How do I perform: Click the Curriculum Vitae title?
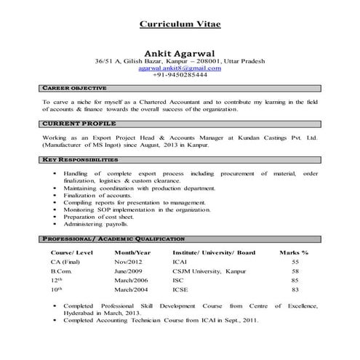pyautogui.click(x=180, y=24)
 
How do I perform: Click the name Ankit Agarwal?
pyautogui.click(x=180, y=53)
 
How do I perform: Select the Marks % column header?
pyautogui.click(x=295, y=252)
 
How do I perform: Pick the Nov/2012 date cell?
pyautogui.click(x=130, y=261)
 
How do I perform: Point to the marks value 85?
pyautogui.click(x=295, y=280)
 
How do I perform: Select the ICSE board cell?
pyautogui.click(x=182, y=289)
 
